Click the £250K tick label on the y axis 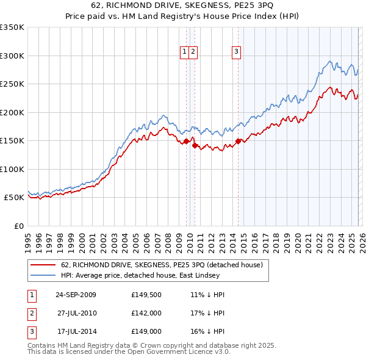tap(12, 84)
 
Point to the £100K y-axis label tap(12, 169)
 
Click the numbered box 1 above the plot tap(184, 52)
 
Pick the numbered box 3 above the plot tap(235, 52)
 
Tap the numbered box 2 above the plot tap(193, 52)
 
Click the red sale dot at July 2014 tap(238, 142)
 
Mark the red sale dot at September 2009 tap(186, 141)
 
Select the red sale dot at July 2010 tap(195, 145)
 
